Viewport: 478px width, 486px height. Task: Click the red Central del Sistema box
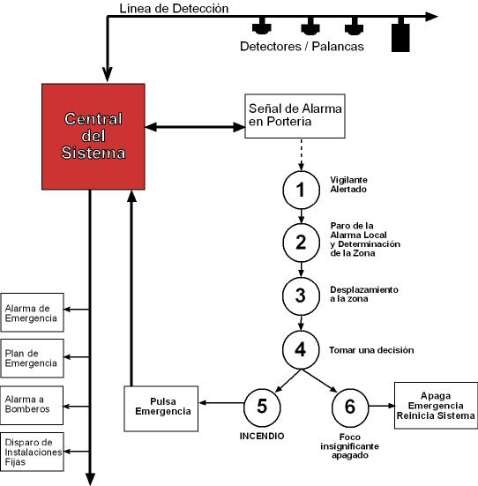point(93,137)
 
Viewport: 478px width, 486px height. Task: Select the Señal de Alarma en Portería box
point(295,116)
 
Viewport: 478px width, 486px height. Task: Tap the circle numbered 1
point(301,190)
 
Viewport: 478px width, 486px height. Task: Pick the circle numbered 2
point(301,243)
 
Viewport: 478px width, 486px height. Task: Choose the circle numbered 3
point(301,296)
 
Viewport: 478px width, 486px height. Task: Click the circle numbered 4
point(301,349)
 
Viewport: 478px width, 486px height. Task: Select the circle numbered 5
point(262,407)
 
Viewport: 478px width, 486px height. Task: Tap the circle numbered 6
point(350,407)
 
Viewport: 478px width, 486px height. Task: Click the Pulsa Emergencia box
point(161,408)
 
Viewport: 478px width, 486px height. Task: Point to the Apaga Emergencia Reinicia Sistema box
point(436,406)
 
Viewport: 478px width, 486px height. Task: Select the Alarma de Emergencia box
point(33,312)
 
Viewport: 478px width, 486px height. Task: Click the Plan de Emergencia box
point(33,358)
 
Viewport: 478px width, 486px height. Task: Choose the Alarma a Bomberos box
point(32,405)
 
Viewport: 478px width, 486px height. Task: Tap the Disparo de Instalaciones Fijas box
point(33,452)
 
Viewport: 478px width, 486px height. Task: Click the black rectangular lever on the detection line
point(400,38)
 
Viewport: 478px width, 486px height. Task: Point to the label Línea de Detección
point(174,8)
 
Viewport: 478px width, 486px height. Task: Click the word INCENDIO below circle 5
point(262,436)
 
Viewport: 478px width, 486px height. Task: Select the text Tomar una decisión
point(371,350)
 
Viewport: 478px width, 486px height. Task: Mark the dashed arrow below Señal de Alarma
point(302,154)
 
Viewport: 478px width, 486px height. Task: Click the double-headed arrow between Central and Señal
point(195,127)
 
